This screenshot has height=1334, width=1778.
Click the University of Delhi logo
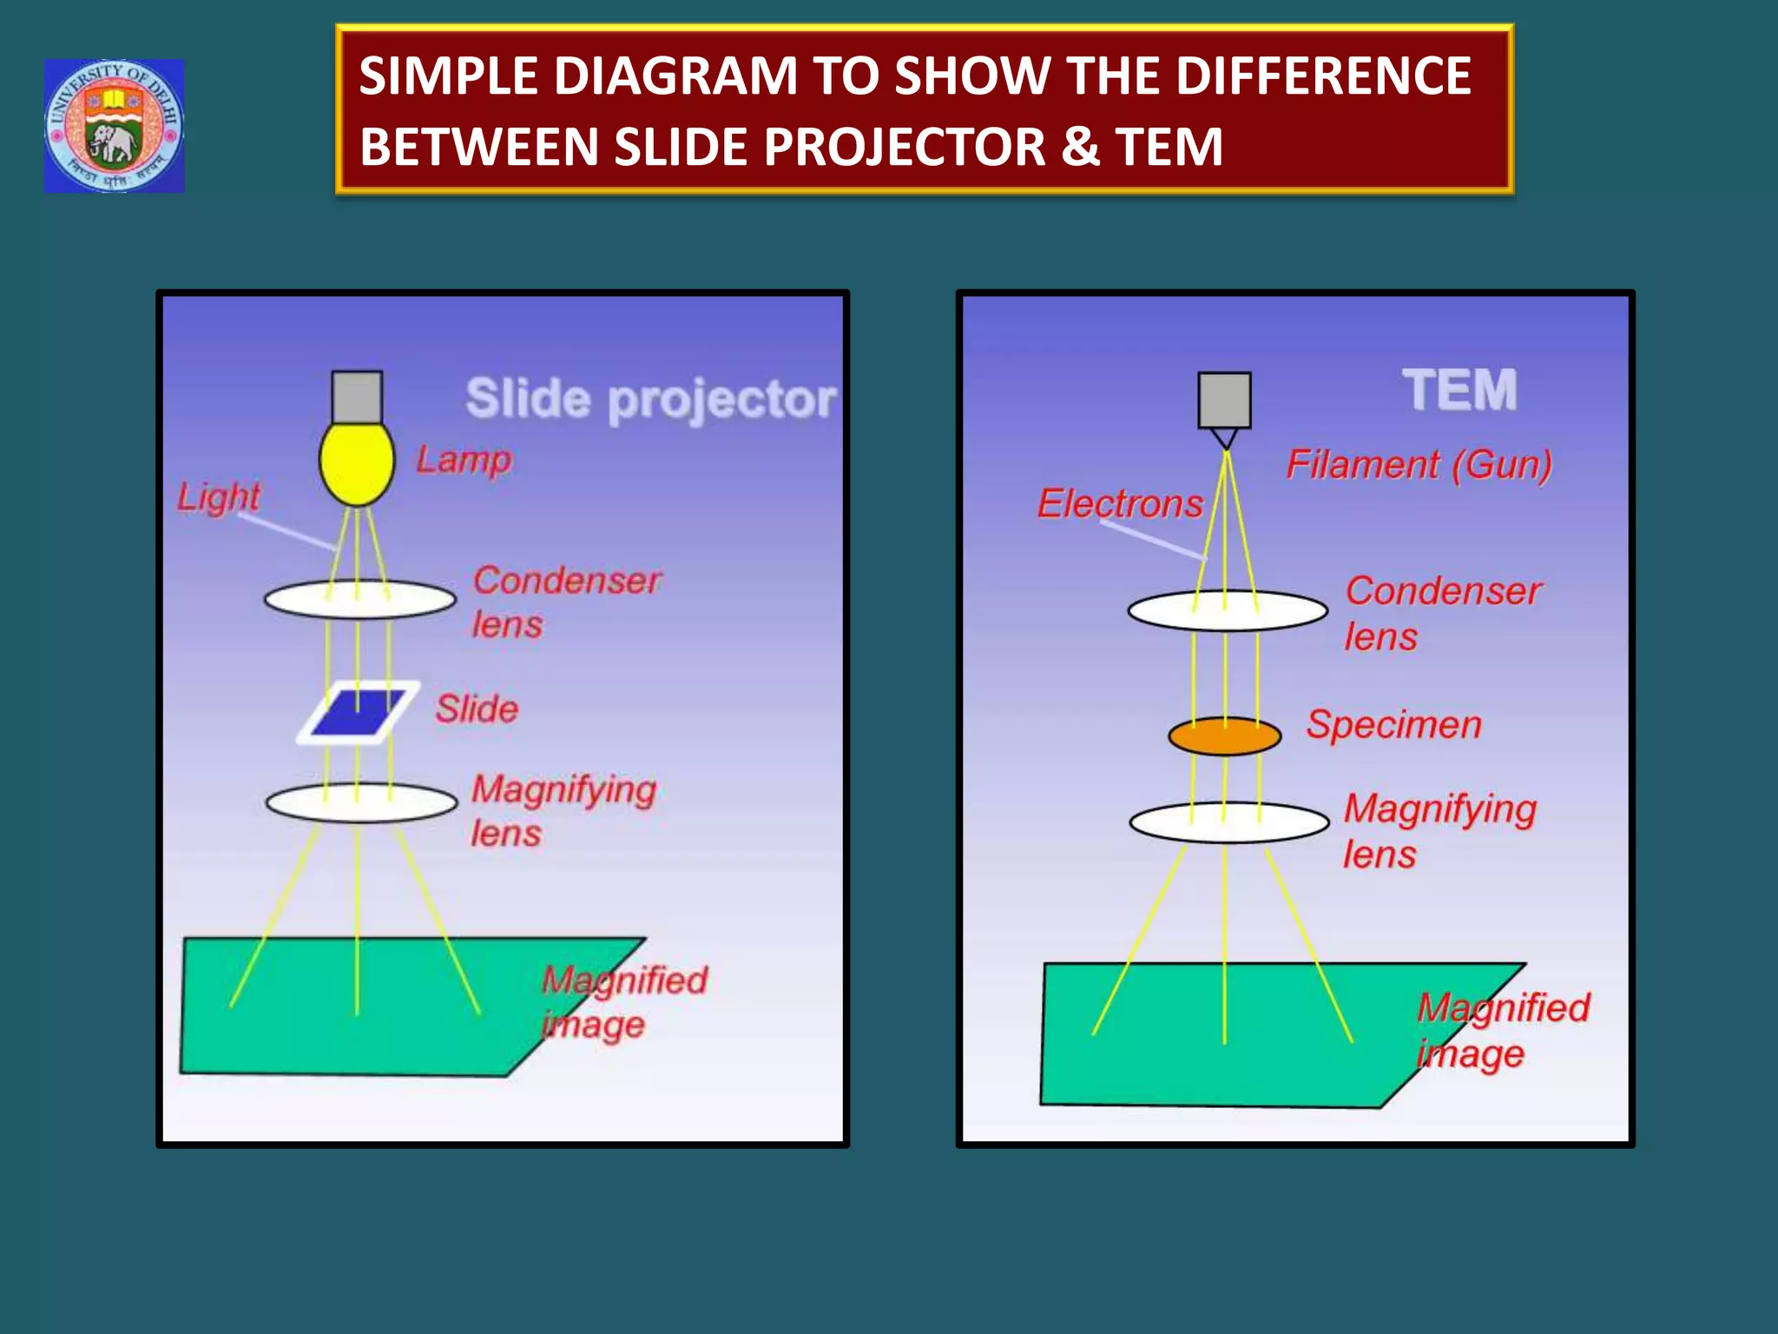tap(114, 126)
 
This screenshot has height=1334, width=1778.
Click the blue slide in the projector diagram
tap(358, 712)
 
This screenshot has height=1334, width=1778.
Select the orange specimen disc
tap(1224, 736)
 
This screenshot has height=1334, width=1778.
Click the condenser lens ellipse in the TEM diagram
tap(1228, 611)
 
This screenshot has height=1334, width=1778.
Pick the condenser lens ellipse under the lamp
tap(359, 599)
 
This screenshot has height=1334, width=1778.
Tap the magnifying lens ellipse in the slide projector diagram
tap(361, 802)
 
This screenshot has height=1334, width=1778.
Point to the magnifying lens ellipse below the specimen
tap(1228, 822)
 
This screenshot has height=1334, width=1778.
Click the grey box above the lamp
tap(357, 397)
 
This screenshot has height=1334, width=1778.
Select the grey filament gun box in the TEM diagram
tap(1224, 400)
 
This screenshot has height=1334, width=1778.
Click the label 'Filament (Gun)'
tap(1419, 465)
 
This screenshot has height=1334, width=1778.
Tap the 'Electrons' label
tap(1120, 504)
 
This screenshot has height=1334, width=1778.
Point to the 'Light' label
tap(219, 498)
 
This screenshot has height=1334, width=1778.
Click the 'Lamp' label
tap(464, 459)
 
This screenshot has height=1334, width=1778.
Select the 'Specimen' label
tap(1393, 724)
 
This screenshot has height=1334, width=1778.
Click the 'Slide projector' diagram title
tap(650, 400)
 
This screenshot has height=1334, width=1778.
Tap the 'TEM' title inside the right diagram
tap(1459, 390)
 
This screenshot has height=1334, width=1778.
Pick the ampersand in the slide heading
tap(1080, 146)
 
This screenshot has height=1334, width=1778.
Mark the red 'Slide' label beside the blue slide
tap(477, 709)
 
